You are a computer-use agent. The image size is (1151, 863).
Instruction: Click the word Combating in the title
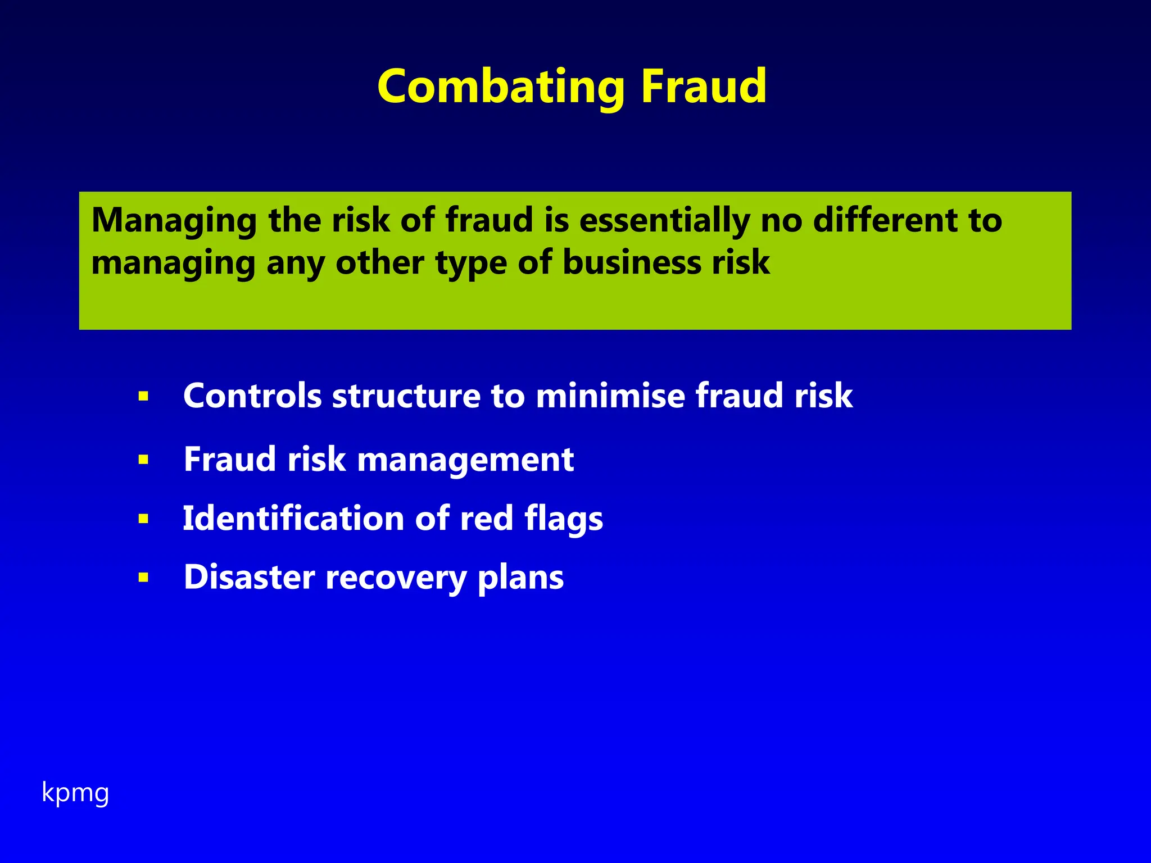[x=500, y=87]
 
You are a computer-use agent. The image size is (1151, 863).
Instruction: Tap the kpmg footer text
[x=75, y=793]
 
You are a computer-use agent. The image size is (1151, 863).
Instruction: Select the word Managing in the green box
[x=174, y=220]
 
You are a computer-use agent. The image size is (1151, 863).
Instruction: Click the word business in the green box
[x=632, y=262]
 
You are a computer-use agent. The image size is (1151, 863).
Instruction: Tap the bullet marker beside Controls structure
[x=143, y=397]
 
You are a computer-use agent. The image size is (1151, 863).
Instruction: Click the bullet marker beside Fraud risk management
[x=143, y=460]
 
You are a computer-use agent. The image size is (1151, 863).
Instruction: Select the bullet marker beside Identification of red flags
[x=143, y=519]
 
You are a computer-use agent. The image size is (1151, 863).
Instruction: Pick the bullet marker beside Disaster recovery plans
[x=143, y=578]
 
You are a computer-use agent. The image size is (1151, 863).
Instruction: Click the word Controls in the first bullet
[x=252, y=396]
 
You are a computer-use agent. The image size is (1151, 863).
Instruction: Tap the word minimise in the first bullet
[x=610, y=396]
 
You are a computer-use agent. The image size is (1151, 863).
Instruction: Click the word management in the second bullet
[x=465, y=460]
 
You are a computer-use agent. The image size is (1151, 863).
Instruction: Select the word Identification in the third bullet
[x=293, y=518]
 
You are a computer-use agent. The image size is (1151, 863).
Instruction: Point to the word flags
[x=563, y=518]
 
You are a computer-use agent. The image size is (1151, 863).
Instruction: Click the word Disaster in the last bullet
[x=249, y=577]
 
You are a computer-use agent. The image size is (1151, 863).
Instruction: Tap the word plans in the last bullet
[x=520, y=578]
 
